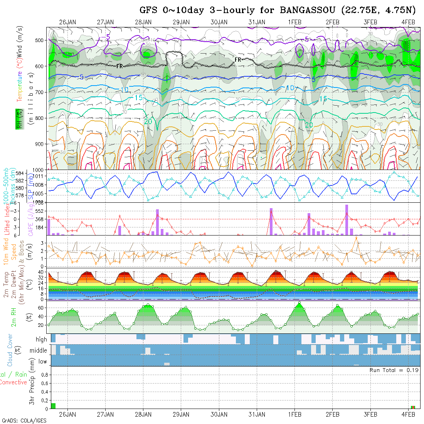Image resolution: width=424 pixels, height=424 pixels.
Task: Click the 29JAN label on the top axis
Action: [x=181, y=22]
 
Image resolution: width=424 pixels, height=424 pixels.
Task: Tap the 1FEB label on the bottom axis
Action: [x=294, y=414]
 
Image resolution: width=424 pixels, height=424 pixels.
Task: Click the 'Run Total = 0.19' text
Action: [x=394, y=370]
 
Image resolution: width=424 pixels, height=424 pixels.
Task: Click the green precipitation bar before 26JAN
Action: [x=53, y=405]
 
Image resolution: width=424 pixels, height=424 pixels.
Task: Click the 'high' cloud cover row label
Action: [x=41, y=340]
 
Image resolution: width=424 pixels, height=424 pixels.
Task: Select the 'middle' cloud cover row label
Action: [x=39, y=351]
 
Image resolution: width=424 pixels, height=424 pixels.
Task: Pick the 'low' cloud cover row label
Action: [x=42, y=362]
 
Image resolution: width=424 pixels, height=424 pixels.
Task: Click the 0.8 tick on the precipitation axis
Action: [x=44, y=375]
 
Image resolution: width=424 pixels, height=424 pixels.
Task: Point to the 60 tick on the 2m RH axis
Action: [x=43, y=308]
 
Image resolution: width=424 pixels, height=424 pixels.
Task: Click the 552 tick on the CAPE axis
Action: [x=40, y=211]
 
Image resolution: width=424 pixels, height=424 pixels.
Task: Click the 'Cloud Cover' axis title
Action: [x=10, y=350]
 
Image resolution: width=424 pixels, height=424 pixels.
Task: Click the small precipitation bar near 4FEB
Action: [x=413, y=407]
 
